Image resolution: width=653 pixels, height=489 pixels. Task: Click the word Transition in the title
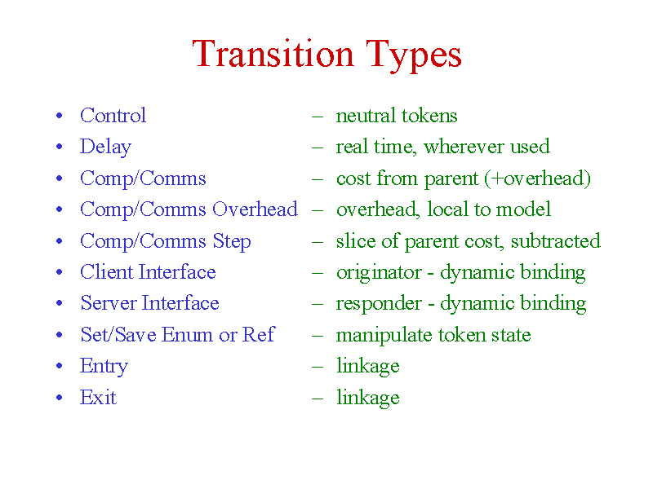[273, 54]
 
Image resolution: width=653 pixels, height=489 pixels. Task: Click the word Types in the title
[414, 56]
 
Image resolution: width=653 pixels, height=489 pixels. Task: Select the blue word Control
[113, 115]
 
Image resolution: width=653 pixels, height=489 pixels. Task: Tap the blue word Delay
[106, 148]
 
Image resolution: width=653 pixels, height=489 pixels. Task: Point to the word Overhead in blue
[255, 209]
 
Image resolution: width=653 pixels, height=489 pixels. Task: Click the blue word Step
[232, 241]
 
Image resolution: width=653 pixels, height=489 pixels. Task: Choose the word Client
[107, 272]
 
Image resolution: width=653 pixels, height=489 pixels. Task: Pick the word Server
[109, 302]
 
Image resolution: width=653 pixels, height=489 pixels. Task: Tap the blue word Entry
[104, 367]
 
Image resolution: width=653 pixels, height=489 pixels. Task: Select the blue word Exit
[98, 397]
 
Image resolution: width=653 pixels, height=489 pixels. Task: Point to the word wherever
[464, 147]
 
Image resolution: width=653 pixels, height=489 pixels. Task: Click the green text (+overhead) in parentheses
[537, 178]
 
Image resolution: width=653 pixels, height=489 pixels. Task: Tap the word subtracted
[556, 241]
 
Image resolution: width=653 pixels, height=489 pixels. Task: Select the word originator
[379, 273]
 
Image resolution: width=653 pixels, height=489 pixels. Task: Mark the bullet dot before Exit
[59, 398]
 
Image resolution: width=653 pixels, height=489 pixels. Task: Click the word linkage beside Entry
[368, 367]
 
